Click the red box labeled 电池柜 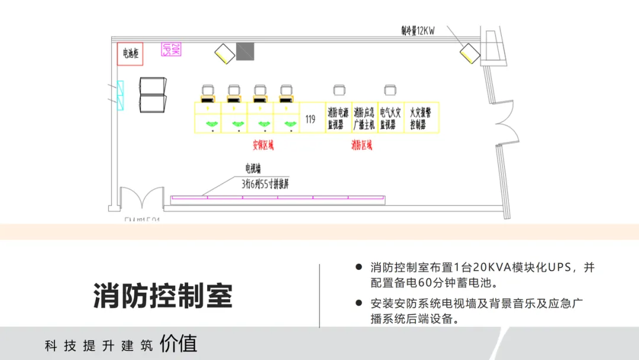130,54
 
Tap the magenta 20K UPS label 170,49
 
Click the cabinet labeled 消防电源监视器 338,118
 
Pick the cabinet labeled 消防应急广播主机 364,118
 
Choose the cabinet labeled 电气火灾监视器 390,118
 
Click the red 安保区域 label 263,144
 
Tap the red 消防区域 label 362,144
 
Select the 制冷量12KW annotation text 418,31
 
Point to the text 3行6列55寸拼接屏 266,184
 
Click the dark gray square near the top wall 244,52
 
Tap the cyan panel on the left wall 121,95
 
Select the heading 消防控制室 163,295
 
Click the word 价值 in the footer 178,344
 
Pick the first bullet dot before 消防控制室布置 359,268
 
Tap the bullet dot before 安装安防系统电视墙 359,303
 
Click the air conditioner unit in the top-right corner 470,53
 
